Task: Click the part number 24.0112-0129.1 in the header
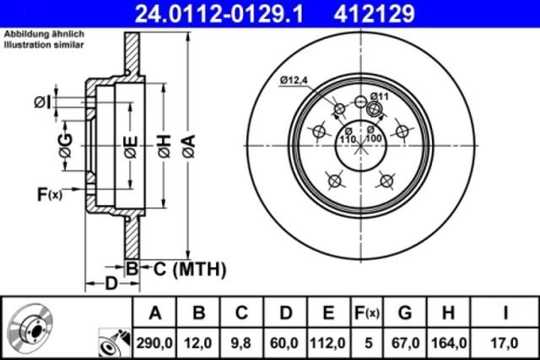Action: click(219, 13)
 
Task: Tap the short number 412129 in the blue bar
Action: click(374, 13)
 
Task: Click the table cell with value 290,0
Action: click(154, 343)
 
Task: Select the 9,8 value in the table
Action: click(241, 343)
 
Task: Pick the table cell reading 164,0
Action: click(449, 343)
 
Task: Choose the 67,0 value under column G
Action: click(405, 343)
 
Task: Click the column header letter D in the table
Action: click(285, 313)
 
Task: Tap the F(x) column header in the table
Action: click(367, 313)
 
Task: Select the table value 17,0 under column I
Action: click(505, 343)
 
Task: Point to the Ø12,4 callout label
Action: click(294, 81)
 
